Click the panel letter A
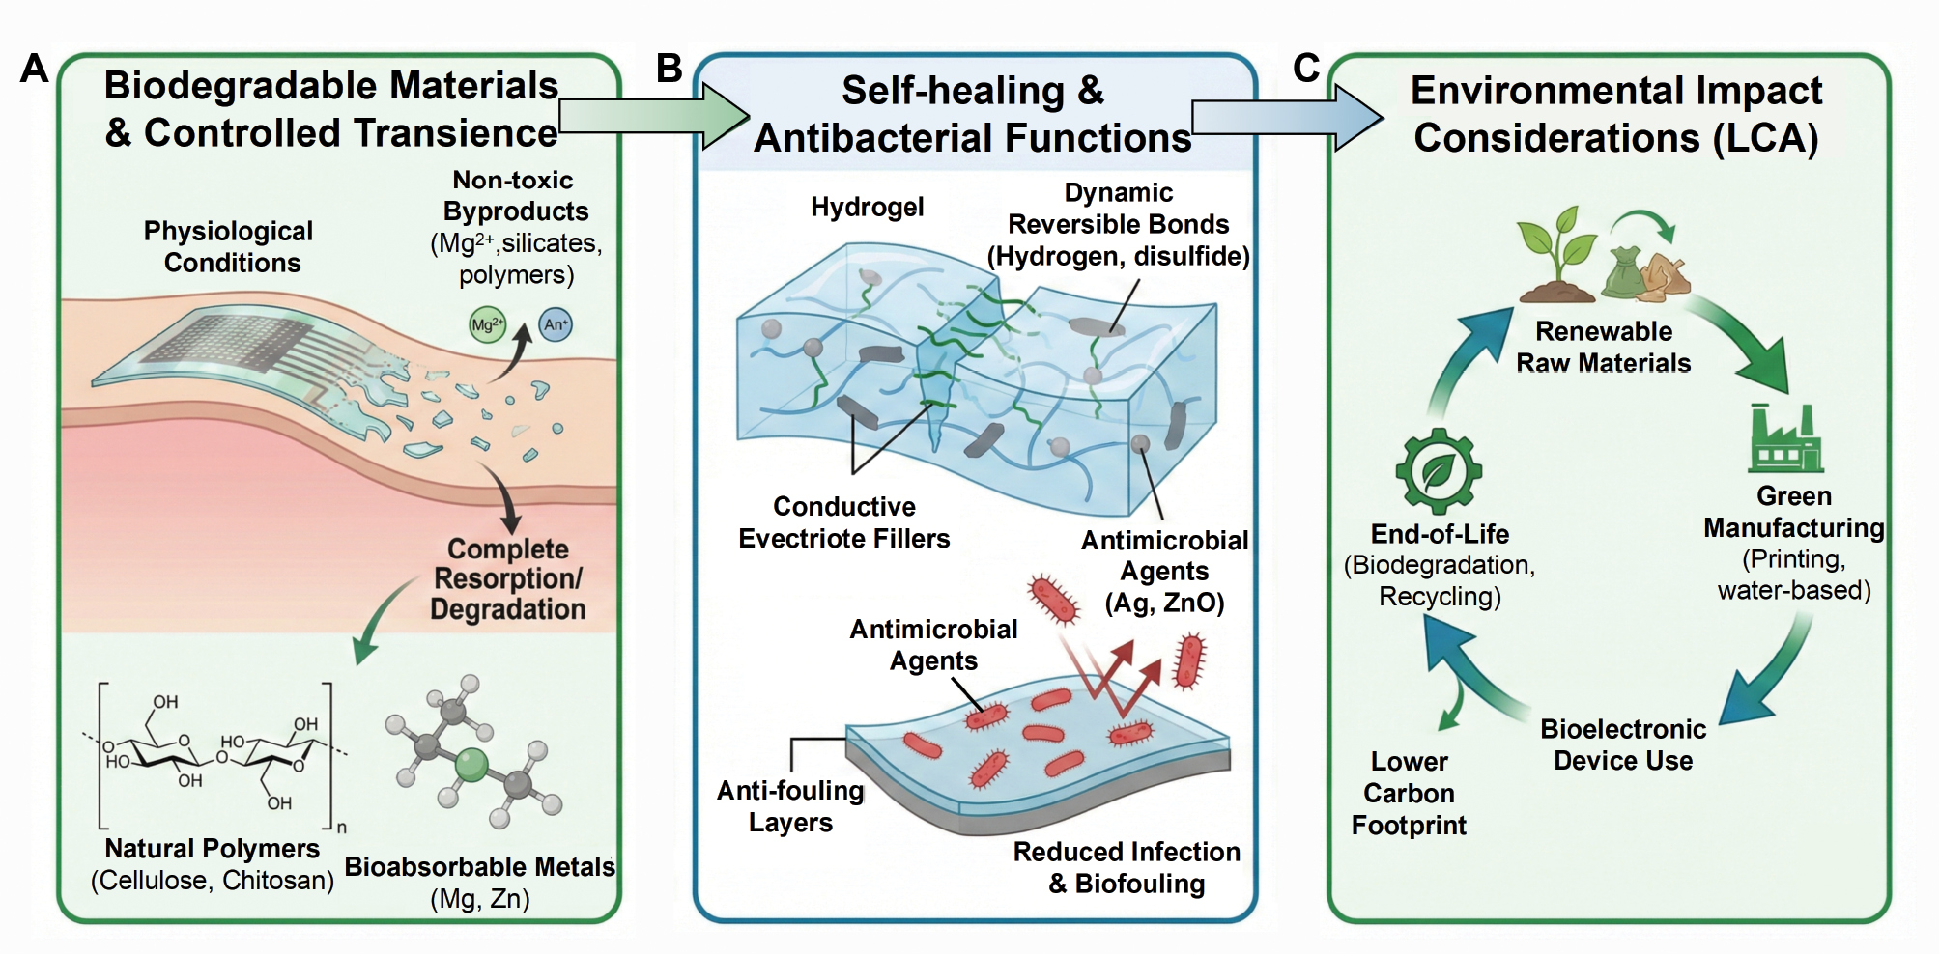(35, 69)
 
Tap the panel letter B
(669, 69)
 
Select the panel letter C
(1306, 69)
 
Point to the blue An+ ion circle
(555, 324)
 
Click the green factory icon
(1784, 438)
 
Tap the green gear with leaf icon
(1439, 470)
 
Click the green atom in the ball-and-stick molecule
(471, 766)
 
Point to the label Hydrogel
(867, 207)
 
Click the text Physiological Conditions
(229, 247)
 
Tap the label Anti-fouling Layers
(790, 806)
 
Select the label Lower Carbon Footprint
(1409, 793)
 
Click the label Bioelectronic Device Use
(1623, 744)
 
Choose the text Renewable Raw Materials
(1604, 347)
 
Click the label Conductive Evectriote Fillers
(843, 522)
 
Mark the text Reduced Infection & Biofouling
(1127, 867)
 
